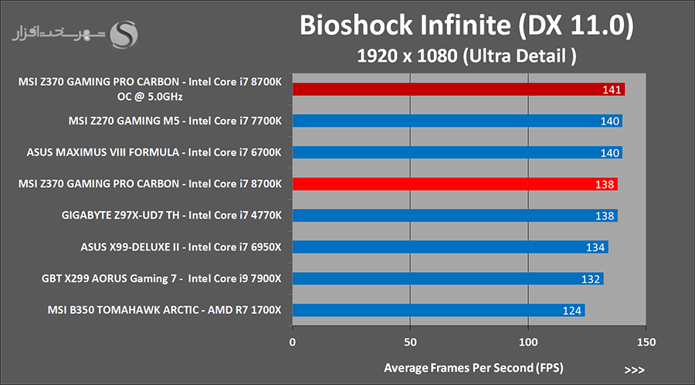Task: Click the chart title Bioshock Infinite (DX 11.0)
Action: click(x=466, y=26)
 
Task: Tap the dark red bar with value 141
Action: click(x=459, y=90)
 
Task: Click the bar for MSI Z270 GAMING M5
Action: click(x=457, y=121)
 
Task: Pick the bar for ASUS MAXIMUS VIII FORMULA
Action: click(x=457, y=153)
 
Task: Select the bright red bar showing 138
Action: click(x=455, y=184)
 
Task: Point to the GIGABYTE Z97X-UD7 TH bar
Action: click(x=455, y=216)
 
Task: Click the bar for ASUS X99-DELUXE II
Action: click(x=450, y=247)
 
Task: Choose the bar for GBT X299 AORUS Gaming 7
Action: click(x=448, y=278)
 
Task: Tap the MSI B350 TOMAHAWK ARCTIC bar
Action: click(x=439, y=311)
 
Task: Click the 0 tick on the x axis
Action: click(x=293, y=342)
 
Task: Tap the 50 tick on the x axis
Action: click(x=410, y=342)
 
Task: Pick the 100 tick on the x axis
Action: click(x=528, y=342)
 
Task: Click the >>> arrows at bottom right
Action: click(x=633, y=370)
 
